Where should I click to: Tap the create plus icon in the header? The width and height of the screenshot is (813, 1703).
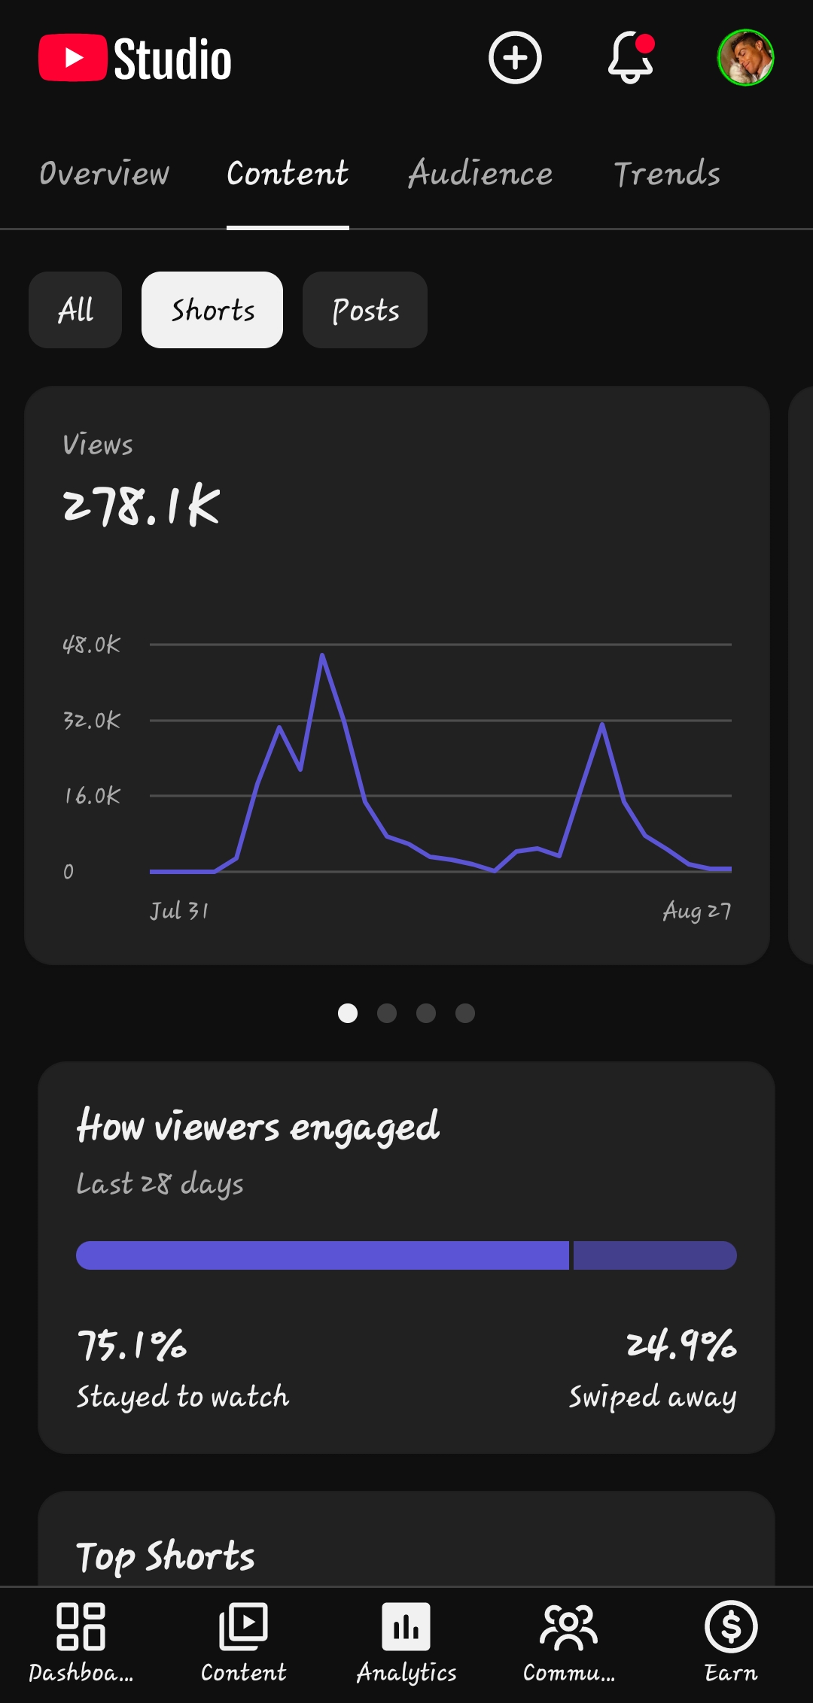[x=515, y=58]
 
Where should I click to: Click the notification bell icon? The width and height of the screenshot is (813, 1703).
[x=631, y=58]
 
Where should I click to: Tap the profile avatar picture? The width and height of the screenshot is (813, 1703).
[x=745, y=58]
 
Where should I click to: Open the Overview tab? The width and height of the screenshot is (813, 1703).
[x=105, y=174]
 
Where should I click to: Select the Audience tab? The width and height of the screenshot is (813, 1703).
[x=480, y=174]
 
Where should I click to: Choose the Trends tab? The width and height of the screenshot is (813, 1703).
[x=667, y=174]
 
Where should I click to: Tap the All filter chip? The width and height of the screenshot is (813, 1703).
[x=75, y=310]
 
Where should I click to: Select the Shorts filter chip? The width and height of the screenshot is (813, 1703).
[x=212, y=310]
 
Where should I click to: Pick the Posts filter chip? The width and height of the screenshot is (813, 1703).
[x=365, y=310]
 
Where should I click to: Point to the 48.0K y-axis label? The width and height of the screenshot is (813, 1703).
[x=91, y=645]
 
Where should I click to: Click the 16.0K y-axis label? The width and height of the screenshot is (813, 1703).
[x=92, y=796]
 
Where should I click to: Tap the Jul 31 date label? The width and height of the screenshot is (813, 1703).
[x=179, y=911]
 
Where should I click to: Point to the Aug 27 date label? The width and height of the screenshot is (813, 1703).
[x=697, y=911]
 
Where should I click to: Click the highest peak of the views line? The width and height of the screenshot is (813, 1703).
[x=322, y=655]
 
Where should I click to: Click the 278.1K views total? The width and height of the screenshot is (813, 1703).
[x=142, y=505]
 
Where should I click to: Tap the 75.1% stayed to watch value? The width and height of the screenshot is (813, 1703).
[x=132, y=1345]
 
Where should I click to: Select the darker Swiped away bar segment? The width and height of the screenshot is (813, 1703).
[x=655, y=1255]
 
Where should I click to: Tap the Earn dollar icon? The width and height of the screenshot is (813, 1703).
[x=731, y=1626]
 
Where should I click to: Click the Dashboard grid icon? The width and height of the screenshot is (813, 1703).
[x=81, y=1626]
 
